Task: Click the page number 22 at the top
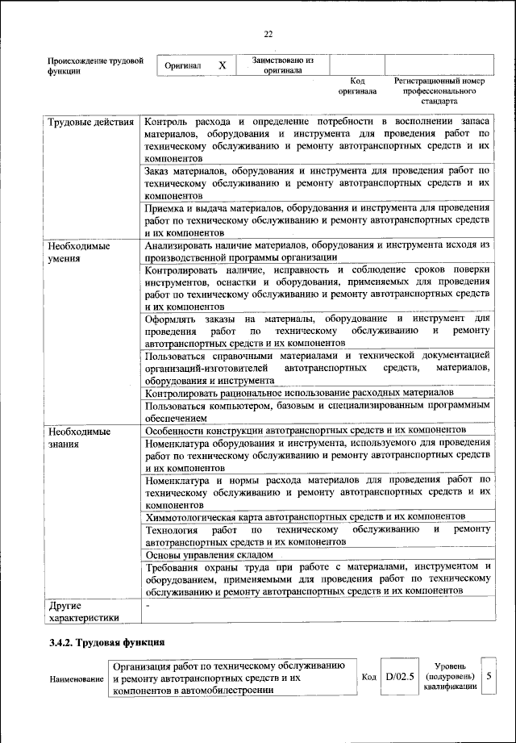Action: [268, 34]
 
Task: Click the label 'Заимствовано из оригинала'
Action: [282, 65]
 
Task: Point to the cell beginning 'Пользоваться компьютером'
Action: [317, 411]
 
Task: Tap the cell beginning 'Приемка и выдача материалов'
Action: [317, 219]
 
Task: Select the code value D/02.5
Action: [400, 676]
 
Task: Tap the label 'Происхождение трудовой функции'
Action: [95, 65]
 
